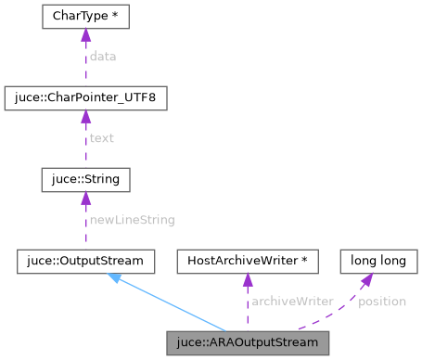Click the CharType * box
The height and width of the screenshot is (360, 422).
tap(85, 17)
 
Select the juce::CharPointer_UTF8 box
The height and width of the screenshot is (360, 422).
tap(85, 97)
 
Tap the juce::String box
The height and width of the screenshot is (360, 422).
tap(85, 178)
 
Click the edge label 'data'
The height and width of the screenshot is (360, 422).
tap(102, 57)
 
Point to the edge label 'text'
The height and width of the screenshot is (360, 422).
tap(101, 138)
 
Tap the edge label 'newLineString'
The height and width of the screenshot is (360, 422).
tap(131, 220)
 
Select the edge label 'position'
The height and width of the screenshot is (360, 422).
tap(381, 302)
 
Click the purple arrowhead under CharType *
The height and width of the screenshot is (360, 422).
tap(85, 36)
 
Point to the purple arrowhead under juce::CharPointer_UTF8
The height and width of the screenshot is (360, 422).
tap(85, 117)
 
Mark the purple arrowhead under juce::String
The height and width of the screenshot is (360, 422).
tap(85, 198)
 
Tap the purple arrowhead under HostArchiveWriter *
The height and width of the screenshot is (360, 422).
tap(247, 280)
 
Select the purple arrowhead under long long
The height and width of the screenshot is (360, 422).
tap(368, 279)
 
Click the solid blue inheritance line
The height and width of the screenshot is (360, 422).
tap(172, 303)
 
